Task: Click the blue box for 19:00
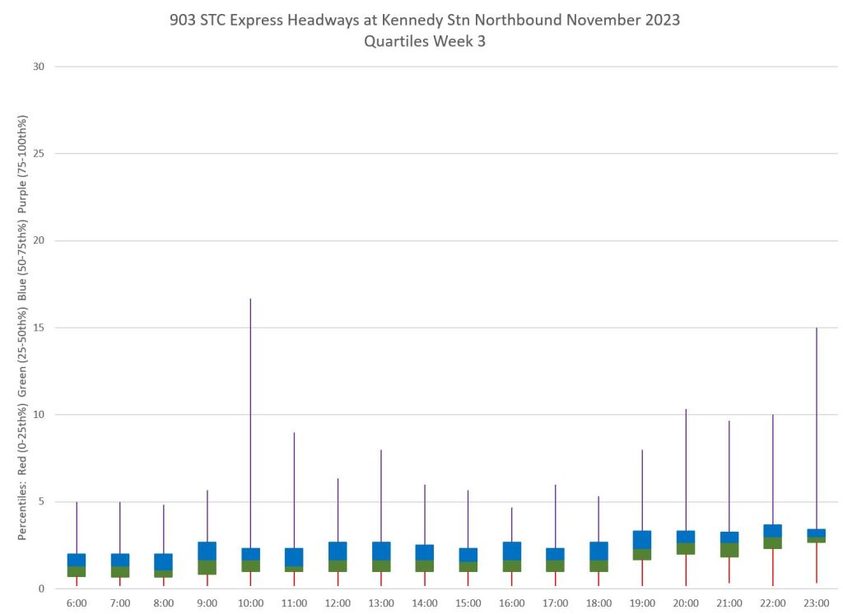(642, 540)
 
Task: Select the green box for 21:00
(729, 550)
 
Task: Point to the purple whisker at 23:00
(816, 428)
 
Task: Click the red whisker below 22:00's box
(773, 567)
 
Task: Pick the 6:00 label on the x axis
(77, 603)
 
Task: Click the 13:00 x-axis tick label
(381, 603)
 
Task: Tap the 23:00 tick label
(816, 603)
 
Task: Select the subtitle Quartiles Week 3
(425, 41)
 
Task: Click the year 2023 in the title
(661, 20)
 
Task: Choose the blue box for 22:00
(773, 531)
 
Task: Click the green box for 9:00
(207, 567)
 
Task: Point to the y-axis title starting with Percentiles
(22, 328)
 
